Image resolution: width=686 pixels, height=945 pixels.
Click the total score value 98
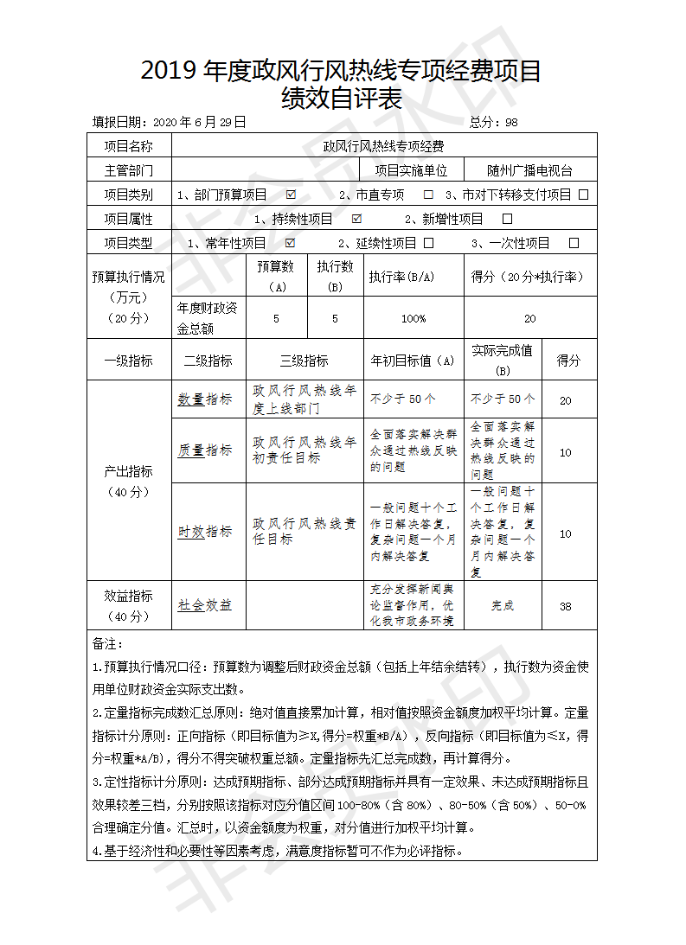point(511,123)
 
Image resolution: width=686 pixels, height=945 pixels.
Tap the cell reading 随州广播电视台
point(529,171)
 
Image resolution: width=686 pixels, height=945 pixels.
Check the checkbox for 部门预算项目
point(291,195)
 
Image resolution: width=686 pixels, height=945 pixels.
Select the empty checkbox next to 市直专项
point(428,195)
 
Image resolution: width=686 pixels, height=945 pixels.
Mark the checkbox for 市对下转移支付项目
point(584,195)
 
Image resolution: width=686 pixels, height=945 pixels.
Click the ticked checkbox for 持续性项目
point(357,219)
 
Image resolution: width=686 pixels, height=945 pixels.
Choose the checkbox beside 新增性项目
point(507,219)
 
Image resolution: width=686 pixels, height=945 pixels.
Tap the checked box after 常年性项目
point(290,243)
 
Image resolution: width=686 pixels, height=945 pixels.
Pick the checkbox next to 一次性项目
point(574,243)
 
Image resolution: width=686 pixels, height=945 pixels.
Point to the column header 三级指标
point(304,361)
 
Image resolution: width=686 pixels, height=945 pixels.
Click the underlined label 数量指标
point(205,399)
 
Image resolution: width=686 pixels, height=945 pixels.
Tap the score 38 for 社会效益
point(565,606)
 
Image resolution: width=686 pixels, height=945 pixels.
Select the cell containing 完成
point(503,606)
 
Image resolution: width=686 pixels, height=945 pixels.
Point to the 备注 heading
point(108,644)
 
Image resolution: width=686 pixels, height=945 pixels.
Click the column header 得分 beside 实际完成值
point(568,361)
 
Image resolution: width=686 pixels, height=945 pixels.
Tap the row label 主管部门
point(129,171)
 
